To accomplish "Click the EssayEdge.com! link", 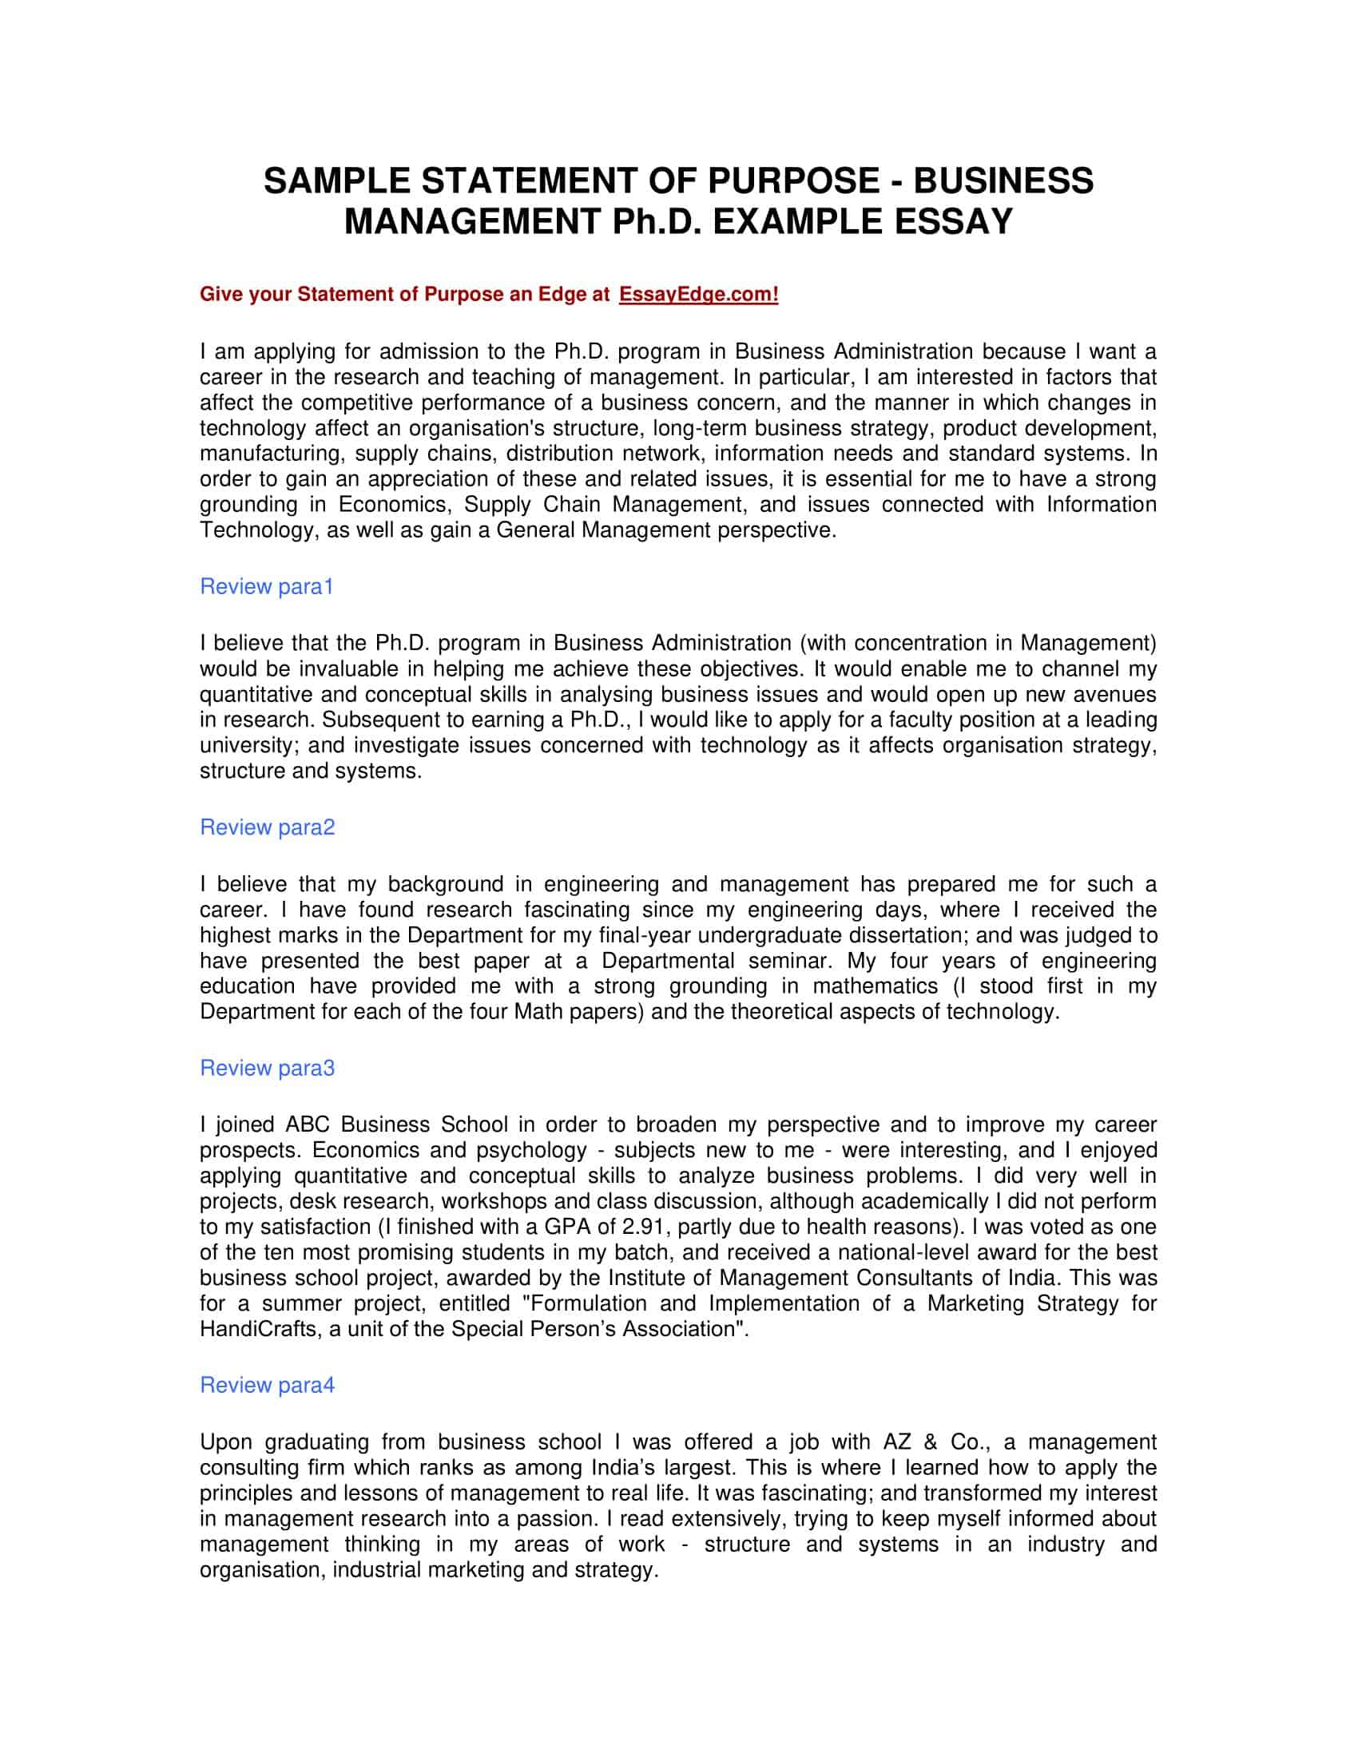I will click(x=698, y=295).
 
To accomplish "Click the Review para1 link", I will click(x=266, y=586).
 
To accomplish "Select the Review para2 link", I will click(x=267, y=827).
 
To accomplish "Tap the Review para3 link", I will click(x=267, y=1068).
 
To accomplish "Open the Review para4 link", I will click(x=267, y=1385).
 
